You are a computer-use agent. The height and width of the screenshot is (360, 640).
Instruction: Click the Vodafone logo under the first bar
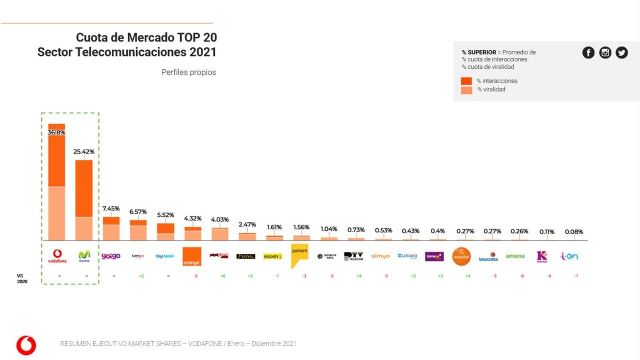pos(56,255)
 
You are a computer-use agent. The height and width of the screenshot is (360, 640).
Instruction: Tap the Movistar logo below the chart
pos(83,255)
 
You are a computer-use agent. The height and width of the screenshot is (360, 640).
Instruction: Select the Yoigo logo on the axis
pos(111,256)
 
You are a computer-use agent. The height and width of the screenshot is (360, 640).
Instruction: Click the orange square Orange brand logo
pos(192,256)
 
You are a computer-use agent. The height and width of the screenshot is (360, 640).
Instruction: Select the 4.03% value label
pos(219,220)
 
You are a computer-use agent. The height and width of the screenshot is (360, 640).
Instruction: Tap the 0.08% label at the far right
pos(570,232)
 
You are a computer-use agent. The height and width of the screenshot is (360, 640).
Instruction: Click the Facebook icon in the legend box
pos(588,53)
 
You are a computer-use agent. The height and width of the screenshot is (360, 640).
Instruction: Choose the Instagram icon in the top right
pos(605,53)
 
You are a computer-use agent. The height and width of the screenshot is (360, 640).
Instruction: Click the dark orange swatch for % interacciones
pos(467,80)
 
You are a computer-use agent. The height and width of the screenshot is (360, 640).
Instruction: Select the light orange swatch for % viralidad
pos(467,91)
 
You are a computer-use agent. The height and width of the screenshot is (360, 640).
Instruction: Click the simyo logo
pos(381,256)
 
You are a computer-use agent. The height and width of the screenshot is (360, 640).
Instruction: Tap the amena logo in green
pos(516,256)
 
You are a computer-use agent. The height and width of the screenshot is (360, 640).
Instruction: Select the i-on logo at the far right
pos(570,256)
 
